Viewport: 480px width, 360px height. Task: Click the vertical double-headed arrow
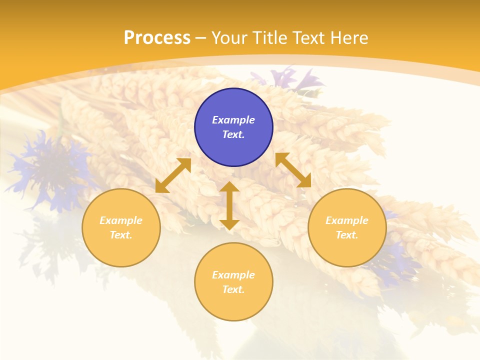click(229, 205)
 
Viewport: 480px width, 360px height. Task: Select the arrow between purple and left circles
click(173, 175)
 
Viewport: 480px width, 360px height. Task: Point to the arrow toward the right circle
click(293, 170)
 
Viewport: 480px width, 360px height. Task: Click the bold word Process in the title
click(157, 37)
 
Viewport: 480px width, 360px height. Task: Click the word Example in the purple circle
click(233, 120)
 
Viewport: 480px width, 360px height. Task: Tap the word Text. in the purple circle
click(233, 134)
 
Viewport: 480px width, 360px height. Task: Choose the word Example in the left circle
click(121, 220)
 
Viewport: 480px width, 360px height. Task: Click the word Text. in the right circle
click(347, 235)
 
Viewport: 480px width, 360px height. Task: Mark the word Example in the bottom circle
click(233, 275)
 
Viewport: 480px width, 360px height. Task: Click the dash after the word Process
click(200, 38)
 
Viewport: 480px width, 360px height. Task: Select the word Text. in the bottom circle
click(233, 289)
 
